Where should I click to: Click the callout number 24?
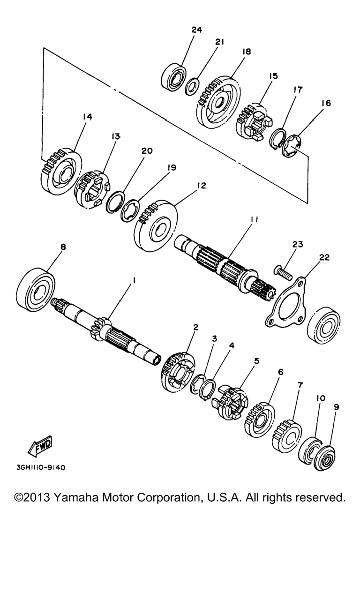(x=196, y=30)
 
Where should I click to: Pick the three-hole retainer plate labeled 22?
(x=286, y=302)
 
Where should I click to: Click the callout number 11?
(x=254, y=220)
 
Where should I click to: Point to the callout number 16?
(x=326, y=104)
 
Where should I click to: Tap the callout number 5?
(x=256, y=361)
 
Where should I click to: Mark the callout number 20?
(x=147, y=151)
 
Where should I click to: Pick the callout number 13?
(x=116, y=136)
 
